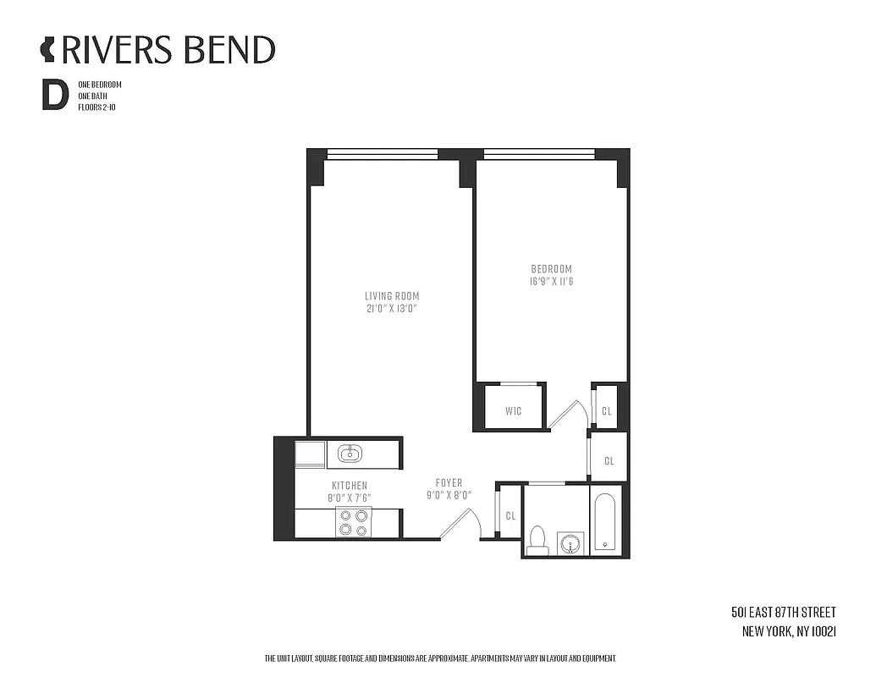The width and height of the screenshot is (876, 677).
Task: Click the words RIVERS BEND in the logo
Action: (x=168, y=50)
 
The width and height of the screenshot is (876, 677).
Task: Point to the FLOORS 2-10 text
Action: (x=96, y=108)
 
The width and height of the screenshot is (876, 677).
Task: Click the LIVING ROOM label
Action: (x=392, y=296)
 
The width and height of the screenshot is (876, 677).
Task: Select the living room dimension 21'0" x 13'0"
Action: (x=392, y=309)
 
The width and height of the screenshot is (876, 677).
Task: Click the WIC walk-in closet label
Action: (x=513, y=411)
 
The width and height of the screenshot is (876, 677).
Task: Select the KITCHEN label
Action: (x=349, y=486)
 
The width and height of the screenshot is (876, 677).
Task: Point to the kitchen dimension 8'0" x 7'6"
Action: (x=349, y=498)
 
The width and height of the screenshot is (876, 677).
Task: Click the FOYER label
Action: (x=449, y=483)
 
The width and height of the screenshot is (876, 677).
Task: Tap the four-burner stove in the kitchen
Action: (x=353, y=522)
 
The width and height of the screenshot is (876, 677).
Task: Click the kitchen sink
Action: (x=350, y=454)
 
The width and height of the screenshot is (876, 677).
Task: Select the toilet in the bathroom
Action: (x=537, y=540)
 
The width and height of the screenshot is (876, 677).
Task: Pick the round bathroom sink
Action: (x=571, y=542)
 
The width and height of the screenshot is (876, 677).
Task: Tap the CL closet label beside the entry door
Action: (x=510, y=515)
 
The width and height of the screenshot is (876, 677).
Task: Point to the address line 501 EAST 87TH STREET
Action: (x=783, y=612)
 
